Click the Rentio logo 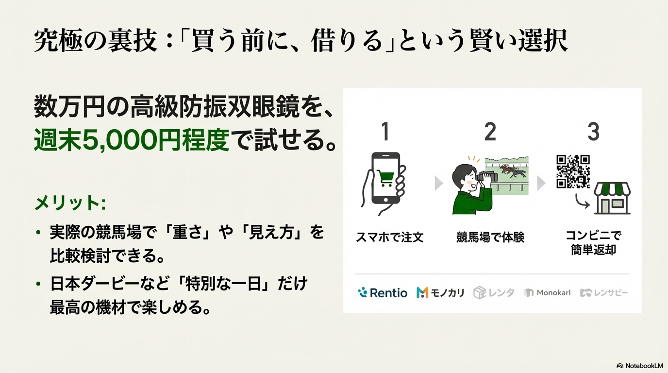[383, 293]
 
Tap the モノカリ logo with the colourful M [440, 293]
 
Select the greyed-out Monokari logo [548, 293]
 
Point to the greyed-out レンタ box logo [494, 293]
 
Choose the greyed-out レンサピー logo [604, 293]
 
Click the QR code [573, 171]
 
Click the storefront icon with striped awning [612, 198]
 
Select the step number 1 [385, 131]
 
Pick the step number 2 [490, 131]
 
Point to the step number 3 [593, 131]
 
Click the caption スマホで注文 [390, 237]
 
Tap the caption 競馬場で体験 [490, 237]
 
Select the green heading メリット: [70, 203]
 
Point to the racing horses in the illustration [513, 171]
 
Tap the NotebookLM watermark [640, 366]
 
